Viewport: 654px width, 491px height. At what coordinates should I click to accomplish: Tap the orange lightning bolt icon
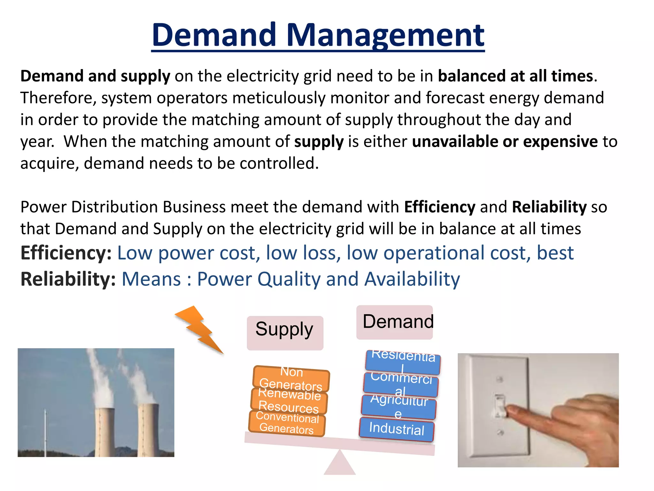click(199, 329)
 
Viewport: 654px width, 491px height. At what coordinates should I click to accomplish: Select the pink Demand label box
click(394, 322)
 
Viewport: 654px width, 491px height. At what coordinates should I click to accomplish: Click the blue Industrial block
click(397, 429)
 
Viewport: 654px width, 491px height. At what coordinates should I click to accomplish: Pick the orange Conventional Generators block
click(287, 423)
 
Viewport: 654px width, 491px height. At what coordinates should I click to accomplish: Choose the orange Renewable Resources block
click(289, 401)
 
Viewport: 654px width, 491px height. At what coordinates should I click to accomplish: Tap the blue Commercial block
click(401, 384)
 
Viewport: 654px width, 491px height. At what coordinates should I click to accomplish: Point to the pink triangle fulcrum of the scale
click(340, 464)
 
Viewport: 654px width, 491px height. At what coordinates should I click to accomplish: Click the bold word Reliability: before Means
click(68, 279)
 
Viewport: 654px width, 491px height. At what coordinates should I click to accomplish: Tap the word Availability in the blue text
click(412, 279)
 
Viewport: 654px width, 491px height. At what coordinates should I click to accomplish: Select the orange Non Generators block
click(291, 378)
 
